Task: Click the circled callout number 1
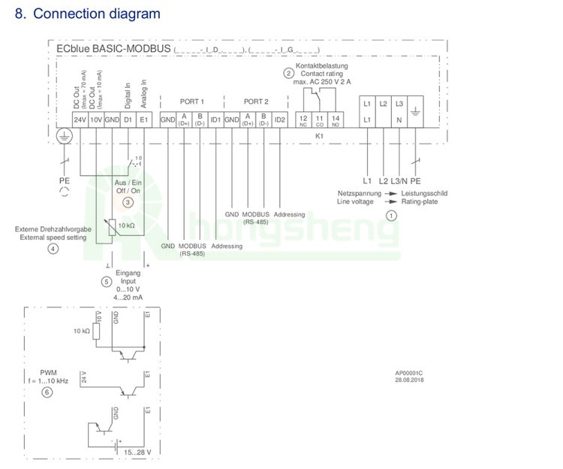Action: (x=391, y=215)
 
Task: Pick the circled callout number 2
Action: (x=288, y=74)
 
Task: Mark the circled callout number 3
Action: (x=128, y=203)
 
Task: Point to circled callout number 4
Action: (x=53, y=249)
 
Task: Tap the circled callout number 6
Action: (x=47, y=392)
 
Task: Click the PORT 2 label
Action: (x=256, y=101)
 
